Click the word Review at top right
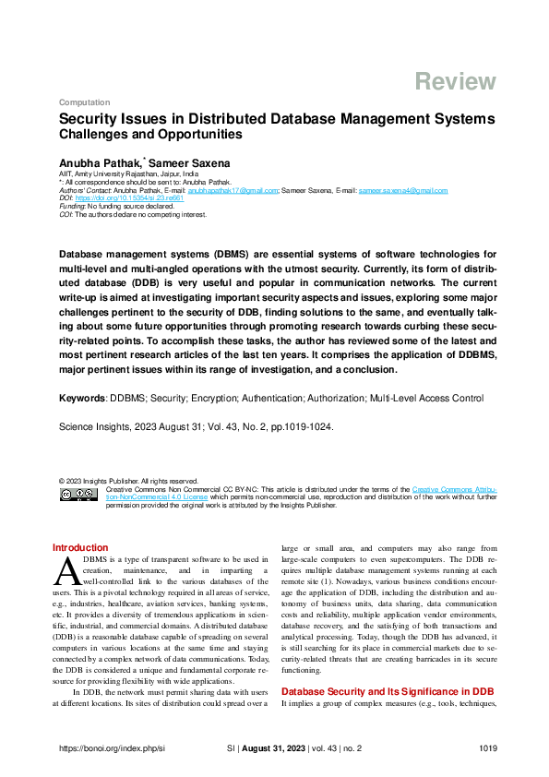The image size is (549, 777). tap(455, 81)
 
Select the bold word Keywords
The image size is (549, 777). tap(82, 398)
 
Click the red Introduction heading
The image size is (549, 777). tap(80, 548)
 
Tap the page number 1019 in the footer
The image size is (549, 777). tap(488, 747)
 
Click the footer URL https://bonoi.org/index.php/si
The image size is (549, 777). tap(111, 747)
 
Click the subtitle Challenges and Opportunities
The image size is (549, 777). tap(150, 135)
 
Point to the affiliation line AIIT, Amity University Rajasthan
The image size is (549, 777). tap(127, 173)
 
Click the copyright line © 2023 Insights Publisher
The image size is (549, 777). tap(127, 480)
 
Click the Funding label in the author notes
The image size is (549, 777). tap(71, 206)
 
